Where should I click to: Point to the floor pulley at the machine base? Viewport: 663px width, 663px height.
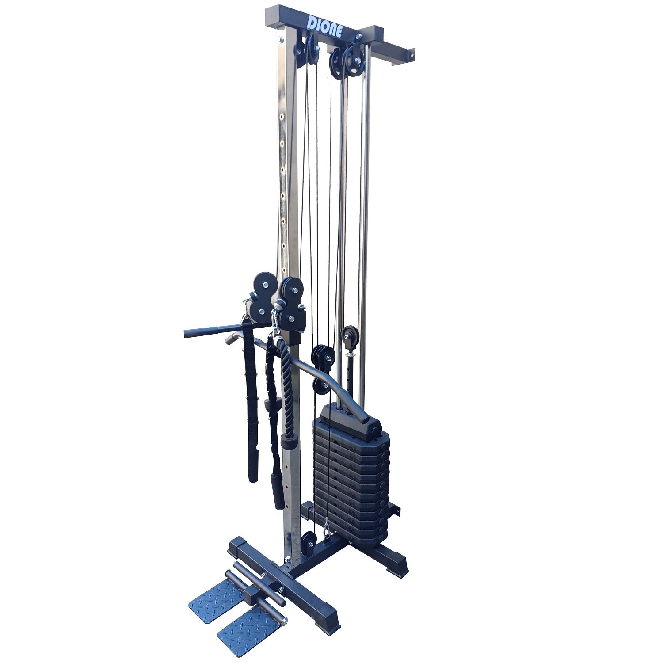[309, 541]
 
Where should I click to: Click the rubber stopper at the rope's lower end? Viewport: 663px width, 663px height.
[288, 441]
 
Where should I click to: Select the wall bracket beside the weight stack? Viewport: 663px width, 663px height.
[396, 508]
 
